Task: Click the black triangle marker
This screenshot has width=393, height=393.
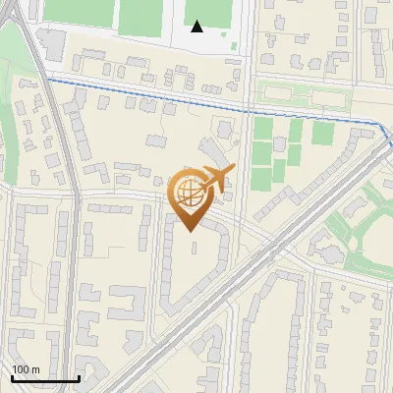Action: click(197, 27)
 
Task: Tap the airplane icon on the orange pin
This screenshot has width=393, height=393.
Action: click(216, 179)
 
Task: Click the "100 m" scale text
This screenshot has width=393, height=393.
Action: click(27, 369)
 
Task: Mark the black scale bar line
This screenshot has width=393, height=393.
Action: click(45, 378)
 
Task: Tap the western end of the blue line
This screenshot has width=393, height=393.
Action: click(46, 78)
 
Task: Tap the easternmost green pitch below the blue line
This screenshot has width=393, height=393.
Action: click(323, 133)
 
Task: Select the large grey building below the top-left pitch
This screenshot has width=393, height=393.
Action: click(51, 43)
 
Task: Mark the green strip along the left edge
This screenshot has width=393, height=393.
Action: click(8, 118)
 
